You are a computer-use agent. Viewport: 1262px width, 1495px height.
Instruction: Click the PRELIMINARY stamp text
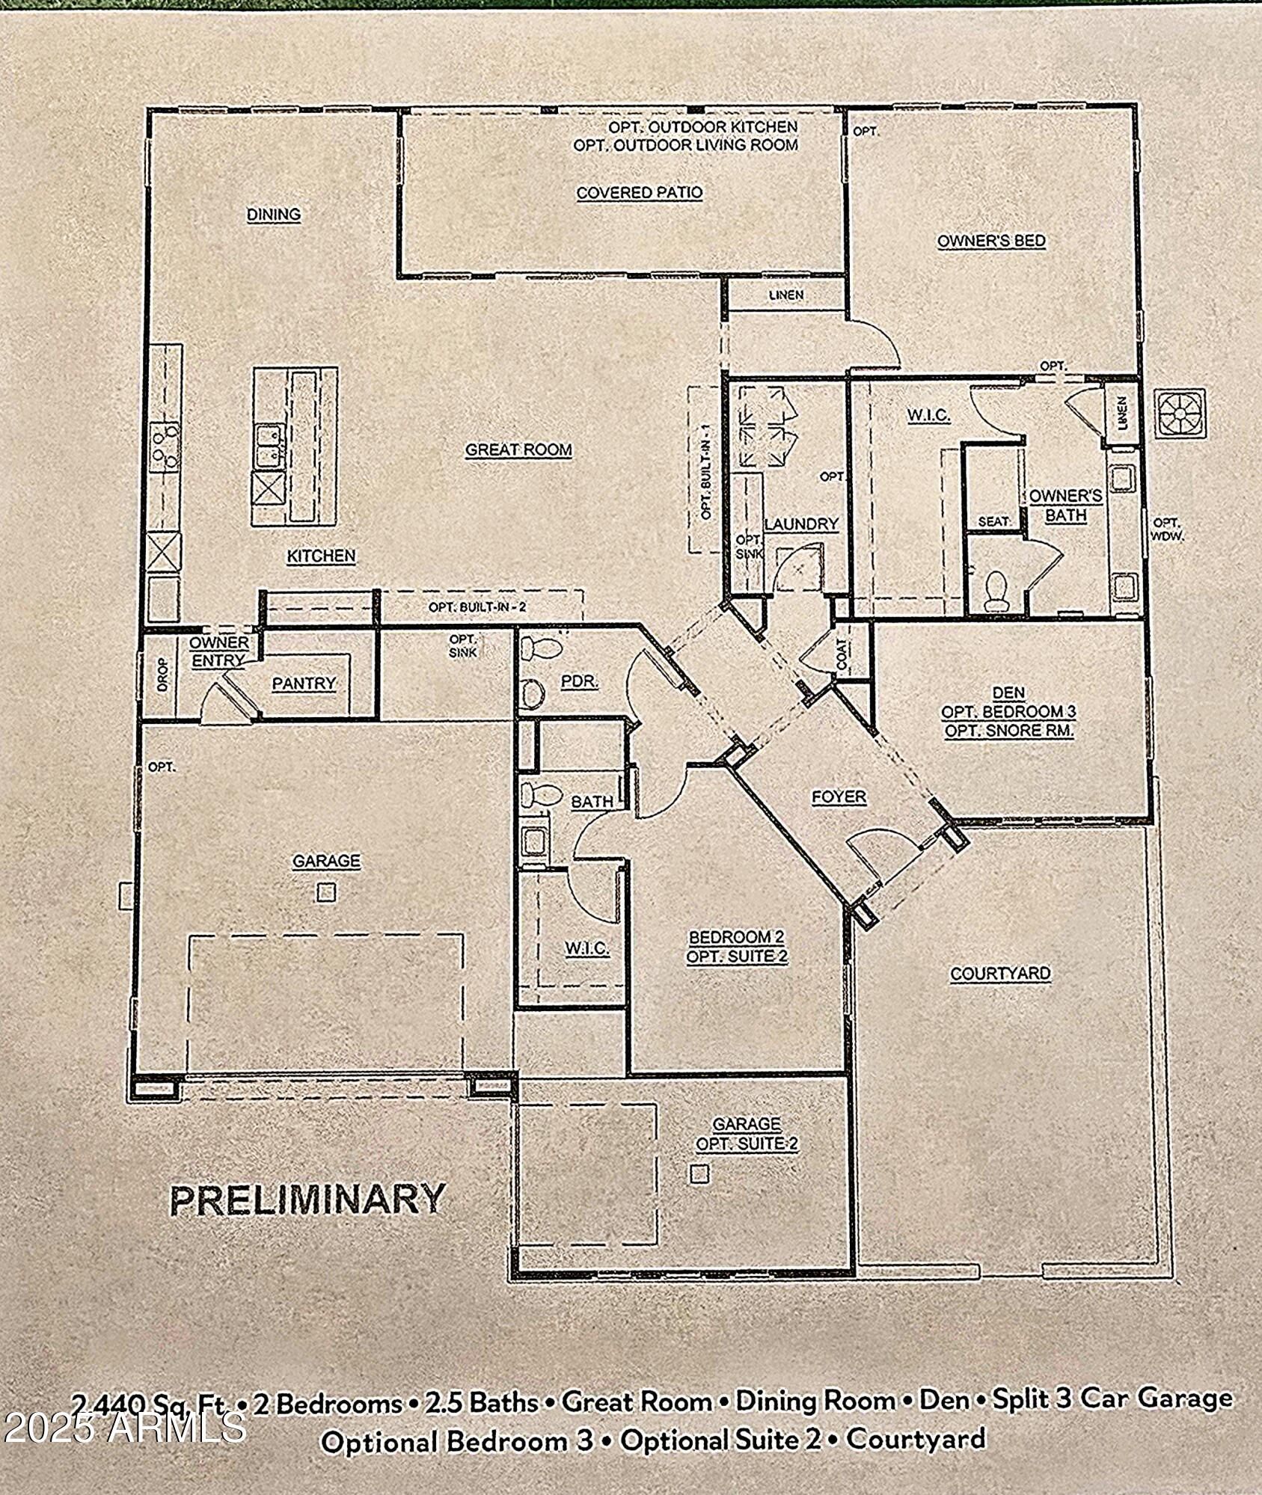pyautogui.click(x=308, y=1200)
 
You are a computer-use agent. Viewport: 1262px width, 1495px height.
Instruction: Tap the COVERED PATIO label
pyautogui.click(x=640, y=192)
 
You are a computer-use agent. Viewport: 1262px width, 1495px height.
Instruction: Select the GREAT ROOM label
pyautogui.click(x=518, y=449)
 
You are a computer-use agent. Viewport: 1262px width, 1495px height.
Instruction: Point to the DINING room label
pyautogui.click(x=274, y=215)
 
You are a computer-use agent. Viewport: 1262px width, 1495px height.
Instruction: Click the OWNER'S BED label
pyautogui.click(x=991, y=241)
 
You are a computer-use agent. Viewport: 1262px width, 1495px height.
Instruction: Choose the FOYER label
pyautogui.click(x=839, y=797)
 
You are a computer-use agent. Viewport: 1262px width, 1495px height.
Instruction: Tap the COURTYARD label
pyautogui.click(x=1000, y=974)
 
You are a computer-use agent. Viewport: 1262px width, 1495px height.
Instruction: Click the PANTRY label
pyautogui.click(x=304, y=683)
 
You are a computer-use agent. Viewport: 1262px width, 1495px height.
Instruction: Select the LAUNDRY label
pyautogui.click(x=801, y=524)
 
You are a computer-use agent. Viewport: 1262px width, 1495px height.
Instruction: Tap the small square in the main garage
pyautogui.click(x=326, y=892)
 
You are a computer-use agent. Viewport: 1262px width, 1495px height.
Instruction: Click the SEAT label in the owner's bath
pyautogui.click(x=994, y=521)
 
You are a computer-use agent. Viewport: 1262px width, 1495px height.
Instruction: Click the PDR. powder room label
pyautogui.click(x=578, y=681)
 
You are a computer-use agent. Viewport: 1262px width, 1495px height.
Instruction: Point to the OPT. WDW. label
pyautogui.click(x=1167, y=529)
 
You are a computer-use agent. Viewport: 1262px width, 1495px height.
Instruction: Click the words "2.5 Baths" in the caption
pyautogui.click(x=482, y=1403)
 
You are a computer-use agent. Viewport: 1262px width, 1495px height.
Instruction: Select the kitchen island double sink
pyautogui.click(x=269, y=446)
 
